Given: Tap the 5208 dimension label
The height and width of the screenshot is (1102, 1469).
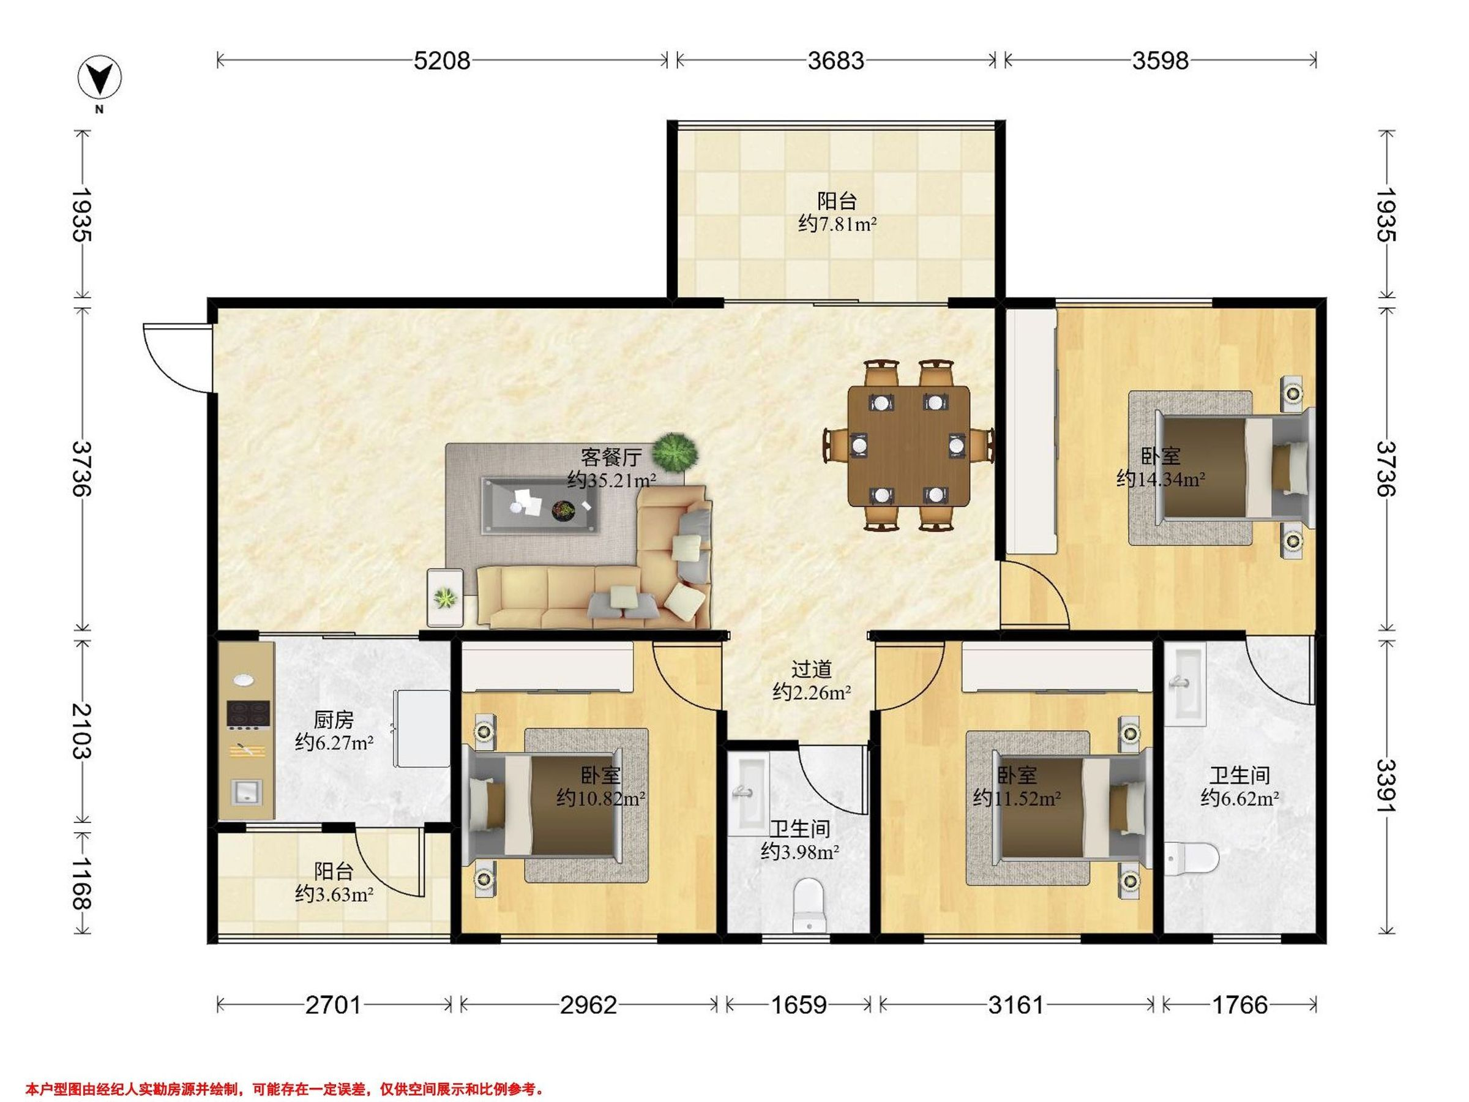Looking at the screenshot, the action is coord(442,61).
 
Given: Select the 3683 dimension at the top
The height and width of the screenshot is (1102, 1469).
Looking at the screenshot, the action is coord(836,61).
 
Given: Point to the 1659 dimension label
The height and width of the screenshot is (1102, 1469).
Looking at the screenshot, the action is coord(799,1006).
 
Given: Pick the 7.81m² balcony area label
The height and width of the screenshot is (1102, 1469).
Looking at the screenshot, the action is coord(837,224).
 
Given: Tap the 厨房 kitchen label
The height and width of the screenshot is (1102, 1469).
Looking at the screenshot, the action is coord(334,719).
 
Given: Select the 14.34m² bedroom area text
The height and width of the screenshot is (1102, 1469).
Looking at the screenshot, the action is coord(1161,478).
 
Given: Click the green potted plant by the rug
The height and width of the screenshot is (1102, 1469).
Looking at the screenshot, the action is coord(675,452).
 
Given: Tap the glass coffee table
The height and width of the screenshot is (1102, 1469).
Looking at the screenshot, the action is coord(539,505).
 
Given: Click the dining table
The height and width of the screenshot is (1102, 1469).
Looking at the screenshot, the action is coord(908,446).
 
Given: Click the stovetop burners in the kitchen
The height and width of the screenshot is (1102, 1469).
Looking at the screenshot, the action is coord(247,714).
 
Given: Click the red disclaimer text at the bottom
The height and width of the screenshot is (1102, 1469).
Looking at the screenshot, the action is coord(285,1071).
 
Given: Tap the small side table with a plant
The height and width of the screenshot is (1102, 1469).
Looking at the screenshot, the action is coord(446,597).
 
